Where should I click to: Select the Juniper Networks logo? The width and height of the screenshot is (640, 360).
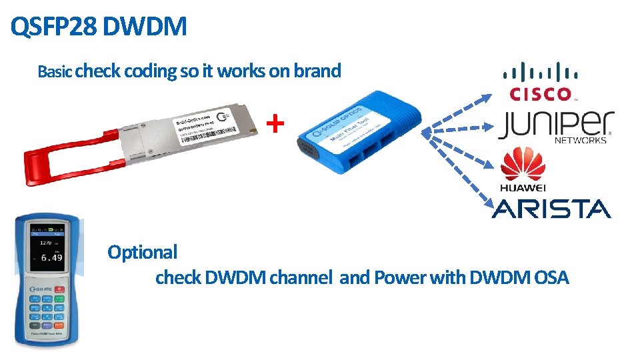[555, 126]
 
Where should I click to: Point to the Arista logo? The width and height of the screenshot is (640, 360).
[551, 209]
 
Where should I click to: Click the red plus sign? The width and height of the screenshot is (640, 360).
[275, 123]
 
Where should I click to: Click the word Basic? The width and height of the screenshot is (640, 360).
[55, 71]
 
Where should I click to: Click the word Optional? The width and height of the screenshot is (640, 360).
[142, 252]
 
